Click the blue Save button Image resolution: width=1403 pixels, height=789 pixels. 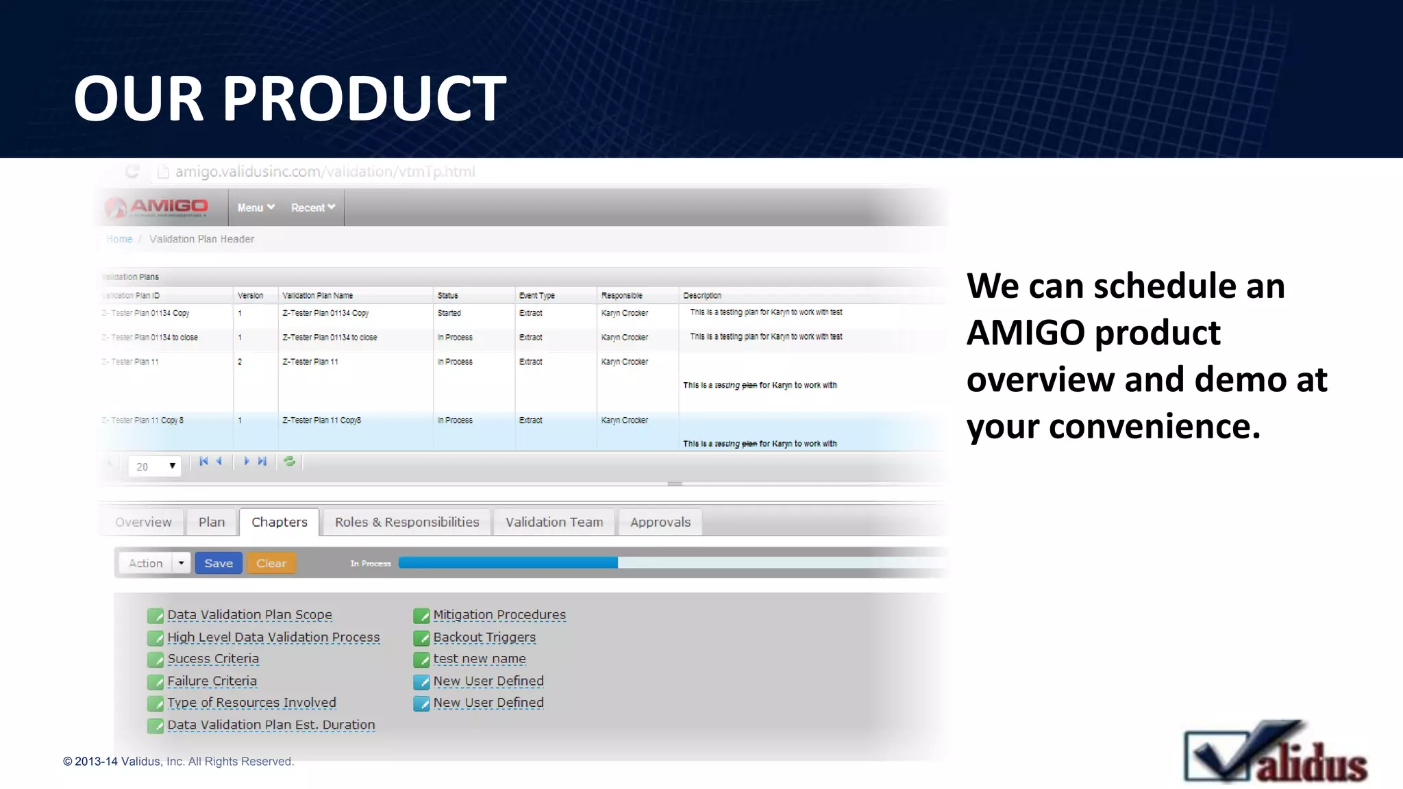(x=219, y=563)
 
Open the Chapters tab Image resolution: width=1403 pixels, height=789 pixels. (x=279, y=522)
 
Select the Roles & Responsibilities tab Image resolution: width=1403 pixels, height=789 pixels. (x=407, y=522)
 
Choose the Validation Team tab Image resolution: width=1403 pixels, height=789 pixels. (x=554, y=522)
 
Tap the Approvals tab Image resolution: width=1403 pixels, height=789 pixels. (x=660, y=522)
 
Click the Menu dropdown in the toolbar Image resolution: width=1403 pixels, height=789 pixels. (x=256, y=208)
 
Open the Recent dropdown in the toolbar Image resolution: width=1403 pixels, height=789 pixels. (x=312, y=208)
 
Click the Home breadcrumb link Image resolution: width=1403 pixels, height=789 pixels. (x=119, y=239)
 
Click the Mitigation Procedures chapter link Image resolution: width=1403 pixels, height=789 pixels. (x=499, y=615)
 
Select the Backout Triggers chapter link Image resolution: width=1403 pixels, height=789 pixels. (x=484, y=637)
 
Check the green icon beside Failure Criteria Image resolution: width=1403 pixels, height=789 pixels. (x=156, y=682)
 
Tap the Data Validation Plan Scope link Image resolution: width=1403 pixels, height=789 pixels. (x=249, y=615)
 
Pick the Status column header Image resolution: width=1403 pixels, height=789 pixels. (x=448, y=296)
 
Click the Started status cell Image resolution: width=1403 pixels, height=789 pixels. (x=449, y=313)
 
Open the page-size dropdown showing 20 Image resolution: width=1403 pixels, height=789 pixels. (x=155, y=466)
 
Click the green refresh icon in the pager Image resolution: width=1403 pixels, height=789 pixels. (x=290, y=462)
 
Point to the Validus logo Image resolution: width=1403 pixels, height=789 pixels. (x=1276, y=753)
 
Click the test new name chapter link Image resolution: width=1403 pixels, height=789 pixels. (x=480, y=659)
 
